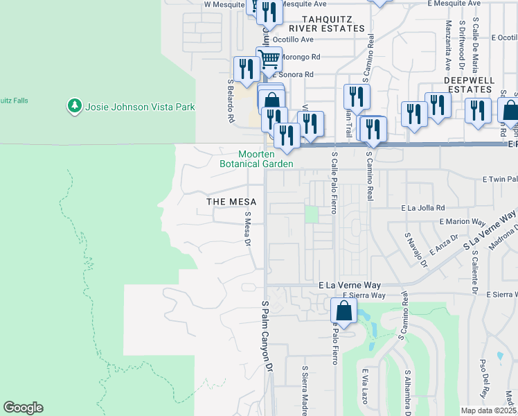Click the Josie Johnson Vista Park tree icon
point(74,107)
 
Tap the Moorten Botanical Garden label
point(256,159)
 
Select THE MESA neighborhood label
point(231,202)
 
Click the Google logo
point(23,408)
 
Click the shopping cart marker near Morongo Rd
point(268,58)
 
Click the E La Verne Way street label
point(350,285)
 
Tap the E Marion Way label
point(462,222)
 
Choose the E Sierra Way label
point(364,295)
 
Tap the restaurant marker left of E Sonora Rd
point(246,69)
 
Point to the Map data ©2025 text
point(488,410)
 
